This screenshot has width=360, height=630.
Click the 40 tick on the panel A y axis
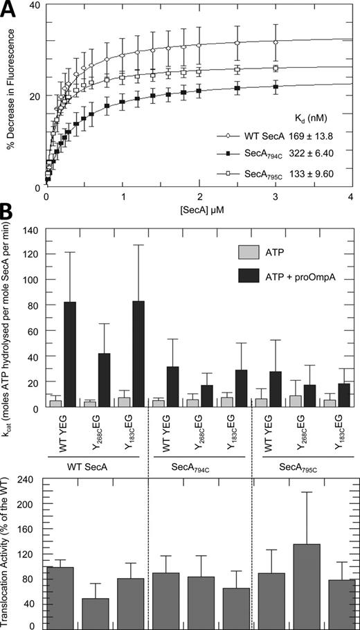32,6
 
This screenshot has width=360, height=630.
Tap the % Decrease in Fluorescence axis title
12,97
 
